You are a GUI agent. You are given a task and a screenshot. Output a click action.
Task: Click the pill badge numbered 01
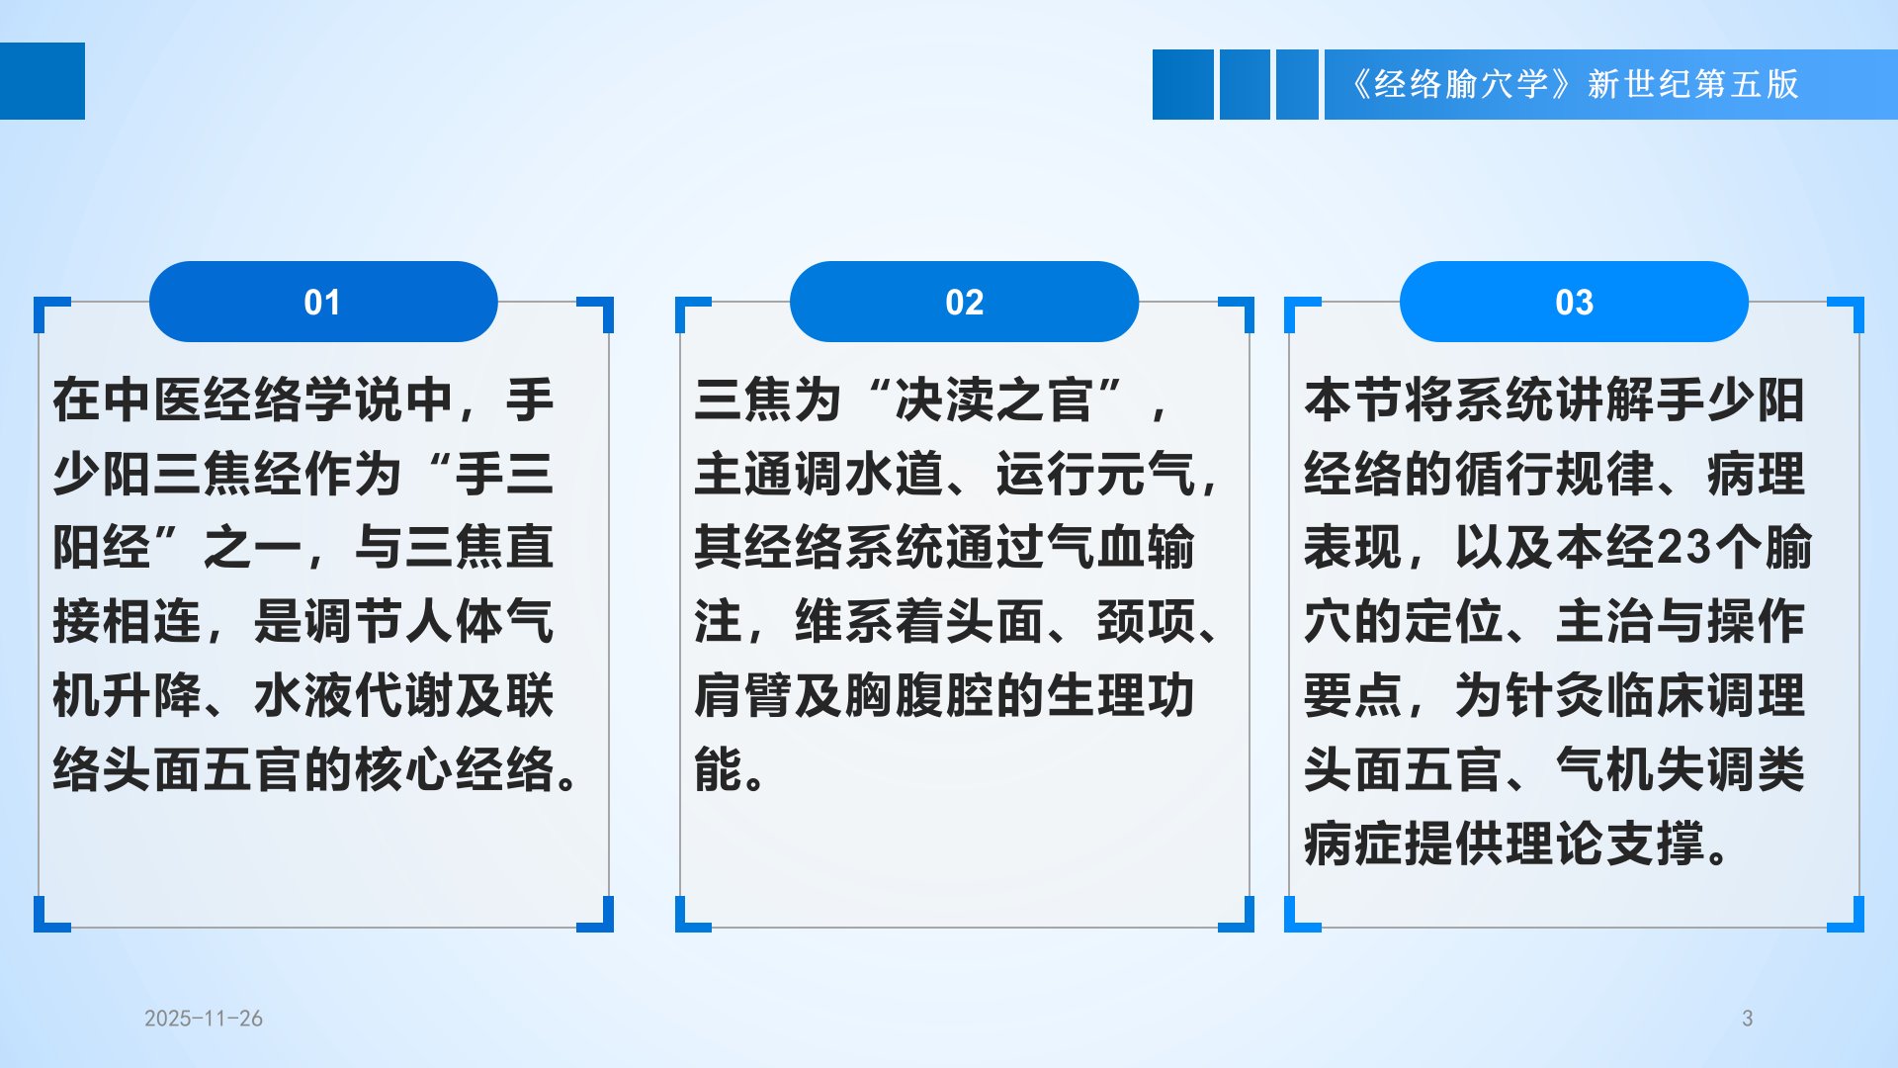pos(323,302)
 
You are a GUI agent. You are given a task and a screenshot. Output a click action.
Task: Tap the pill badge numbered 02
pos(964,302)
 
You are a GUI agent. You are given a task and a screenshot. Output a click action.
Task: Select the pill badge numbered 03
pos(1574,302)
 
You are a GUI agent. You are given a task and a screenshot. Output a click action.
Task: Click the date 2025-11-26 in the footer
pos(204,1019)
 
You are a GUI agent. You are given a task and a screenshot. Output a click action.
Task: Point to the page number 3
pos(1747,1019)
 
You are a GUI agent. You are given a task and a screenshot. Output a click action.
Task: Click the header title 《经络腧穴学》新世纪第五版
pos(1575,84)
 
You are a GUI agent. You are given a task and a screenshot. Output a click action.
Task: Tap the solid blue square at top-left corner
pos(43,81)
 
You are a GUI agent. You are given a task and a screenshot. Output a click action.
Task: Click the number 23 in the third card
pos(1682,547)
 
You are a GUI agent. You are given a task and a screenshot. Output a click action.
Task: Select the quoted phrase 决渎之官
pos(992,400)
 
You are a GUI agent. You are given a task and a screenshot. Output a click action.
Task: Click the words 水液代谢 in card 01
pos(353,695)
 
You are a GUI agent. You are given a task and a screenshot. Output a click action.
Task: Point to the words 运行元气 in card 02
pos(1095,474)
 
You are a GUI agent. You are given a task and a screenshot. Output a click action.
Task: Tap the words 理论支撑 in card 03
pos(1606,844)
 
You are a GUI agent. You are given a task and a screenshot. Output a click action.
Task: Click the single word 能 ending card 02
pos(719,769)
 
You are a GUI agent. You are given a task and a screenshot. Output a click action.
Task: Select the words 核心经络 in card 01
pos(454,769)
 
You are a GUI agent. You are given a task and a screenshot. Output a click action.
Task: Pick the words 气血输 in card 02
pos(1120,547)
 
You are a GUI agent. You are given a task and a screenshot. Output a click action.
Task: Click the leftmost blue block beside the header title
pos(1183,84)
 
